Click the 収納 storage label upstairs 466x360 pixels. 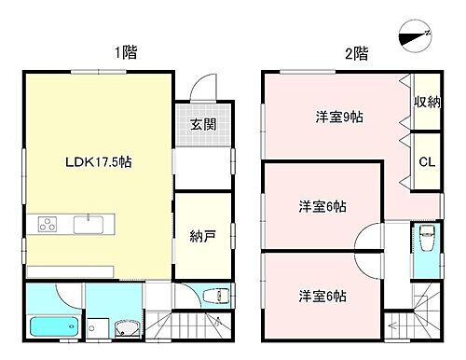coord(428,100)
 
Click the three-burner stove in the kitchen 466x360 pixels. coord(47,225)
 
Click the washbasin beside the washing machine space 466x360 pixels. coord(128,327)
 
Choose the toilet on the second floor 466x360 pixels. coord(425,240)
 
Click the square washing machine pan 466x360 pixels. coord(96,327)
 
